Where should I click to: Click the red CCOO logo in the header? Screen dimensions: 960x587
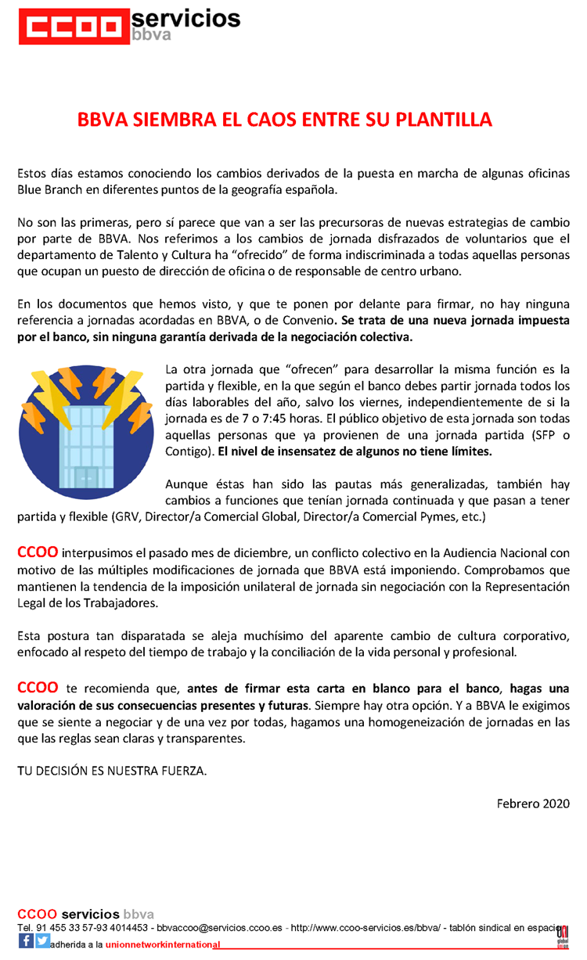coord(70,27)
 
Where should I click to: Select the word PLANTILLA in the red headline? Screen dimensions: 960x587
coord(446,120)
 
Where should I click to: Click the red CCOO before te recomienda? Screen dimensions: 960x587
coord(37,688)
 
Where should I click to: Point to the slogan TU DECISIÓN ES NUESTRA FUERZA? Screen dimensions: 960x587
coord(112,771)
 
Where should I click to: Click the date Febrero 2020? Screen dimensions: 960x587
coord(533,804)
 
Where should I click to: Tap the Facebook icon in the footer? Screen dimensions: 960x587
coord(26,941)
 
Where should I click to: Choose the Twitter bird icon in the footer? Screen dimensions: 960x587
coord(42,941)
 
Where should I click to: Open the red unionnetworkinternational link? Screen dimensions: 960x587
coord(163,944)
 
